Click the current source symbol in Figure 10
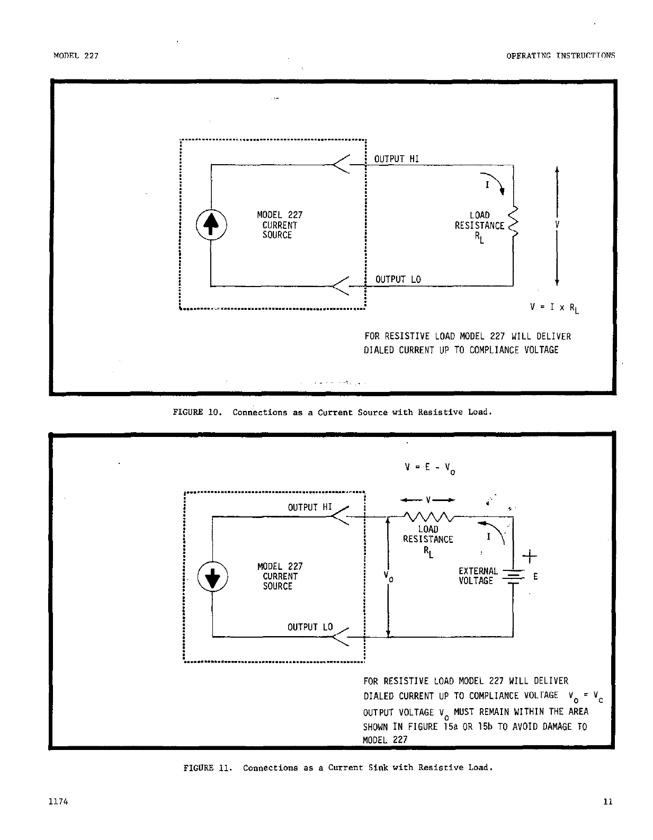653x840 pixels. point(211,225)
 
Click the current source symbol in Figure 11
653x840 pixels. point(213,576)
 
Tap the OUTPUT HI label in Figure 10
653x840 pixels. point(396,159)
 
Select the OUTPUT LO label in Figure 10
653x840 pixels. point(398,280)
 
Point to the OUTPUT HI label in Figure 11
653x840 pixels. point(310,507)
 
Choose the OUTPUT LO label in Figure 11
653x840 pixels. point(310,627)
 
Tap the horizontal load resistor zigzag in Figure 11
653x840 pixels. point(427,516)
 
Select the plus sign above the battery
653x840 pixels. point(530,556)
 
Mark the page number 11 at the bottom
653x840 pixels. point(607,801)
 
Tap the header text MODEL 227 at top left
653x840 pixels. point(76,56)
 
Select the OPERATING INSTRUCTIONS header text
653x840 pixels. point(560,56)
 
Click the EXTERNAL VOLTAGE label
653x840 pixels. point(477,576)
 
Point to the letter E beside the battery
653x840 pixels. point(536,577)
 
